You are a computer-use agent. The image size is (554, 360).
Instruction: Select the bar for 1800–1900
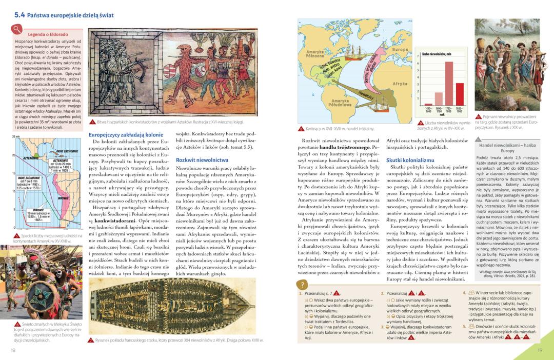[460, 94]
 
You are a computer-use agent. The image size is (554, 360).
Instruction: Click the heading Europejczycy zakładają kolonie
[126, 135]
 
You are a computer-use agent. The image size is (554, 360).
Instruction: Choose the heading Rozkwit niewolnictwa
[202, 160]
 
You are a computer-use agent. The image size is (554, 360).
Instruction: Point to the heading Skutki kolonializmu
[412, 160]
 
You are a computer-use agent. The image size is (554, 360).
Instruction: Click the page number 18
[13, 350]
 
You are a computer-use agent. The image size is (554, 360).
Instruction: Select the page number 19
[540, 350]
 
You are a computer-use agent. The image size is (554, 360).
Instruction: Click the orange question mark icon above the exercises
[303, 285]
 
